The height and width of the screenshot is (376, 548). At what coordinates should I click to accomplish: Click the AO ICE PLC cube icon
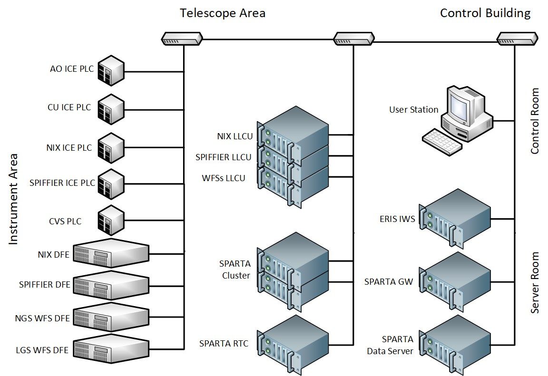[x=110, y=72]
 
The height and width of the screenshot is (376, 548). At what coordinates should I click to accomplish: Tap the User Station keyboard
[x=442, y=142]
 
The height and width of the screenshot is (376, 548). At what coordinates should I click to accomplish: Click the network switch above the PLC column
[x=182, y=38]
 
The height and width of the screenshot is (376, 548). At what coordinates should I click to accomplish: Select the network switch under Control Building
[x=517, y=38]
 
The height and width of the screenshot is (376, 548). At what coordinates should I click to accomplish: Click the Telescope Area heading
[x=222, y=13]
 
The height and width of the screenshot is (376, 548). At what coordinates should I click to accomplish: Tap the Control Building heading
[x=485, y=13]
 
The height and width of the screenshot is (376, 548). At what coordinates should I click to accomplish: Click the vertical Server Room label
[x=535, y=282]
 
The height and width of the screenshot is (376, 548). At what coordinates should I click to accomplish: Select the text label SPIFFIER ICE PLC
[x=62, y=183]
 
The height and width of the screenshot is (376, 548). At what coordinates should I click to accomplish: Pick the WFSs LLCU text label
[x=223, y=178]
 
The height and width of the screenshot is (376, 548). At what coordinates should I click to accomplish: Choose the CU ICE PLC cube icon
[x=110, y=109]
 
